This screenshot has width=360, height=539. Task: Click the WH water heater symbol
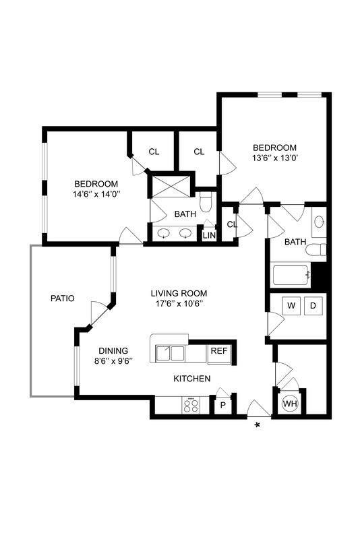click(291, 404)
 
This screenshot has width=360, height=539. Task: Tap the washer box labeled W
click(291, 306)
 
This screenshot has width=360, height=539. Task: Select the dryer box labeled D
click(313, 306)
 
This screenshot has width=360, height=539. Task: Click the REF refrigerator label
click(218, 351)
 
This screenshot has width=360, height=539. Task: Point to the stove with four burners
click(191, 405)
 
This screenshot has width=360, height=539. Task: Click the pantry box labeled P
click(223, 406)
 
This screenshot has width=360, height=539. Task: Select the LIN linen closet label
click(209, 235)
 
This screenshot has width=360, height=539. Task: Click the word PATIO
click(62, 298)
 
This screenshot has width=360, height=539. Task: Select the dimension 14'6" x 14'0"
click(96, 194)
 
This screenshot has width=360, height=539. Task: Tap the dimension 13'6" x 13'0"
click(274, 158)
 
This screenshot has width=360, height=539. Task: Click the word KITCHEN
click(192, 379)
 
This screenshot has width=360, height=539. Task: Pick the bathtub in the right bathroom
click(291, 276)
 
